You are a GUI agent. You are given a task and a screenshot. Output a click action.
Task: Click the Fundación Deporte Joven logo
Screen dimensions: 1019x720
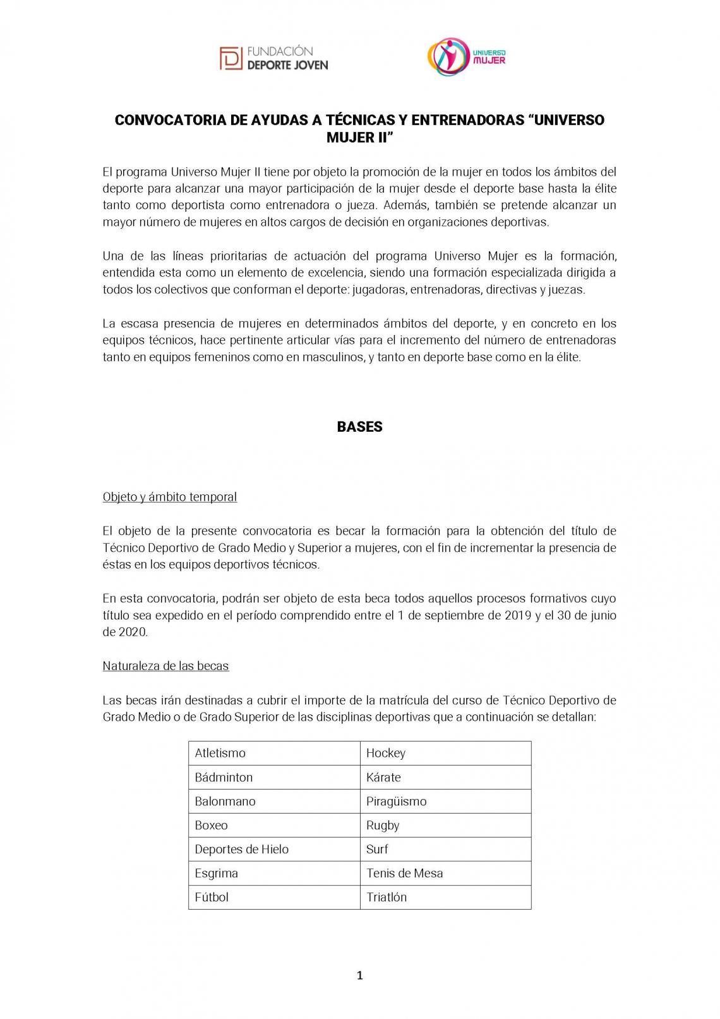(x=273, y=58)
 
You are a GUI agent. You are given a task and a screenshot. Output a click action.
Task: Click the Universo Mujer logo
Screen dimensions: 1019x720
(x=467, y=57)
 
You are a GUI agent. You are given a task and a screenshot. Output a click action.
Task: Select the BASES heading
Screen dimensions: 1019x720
(x=359, y=427)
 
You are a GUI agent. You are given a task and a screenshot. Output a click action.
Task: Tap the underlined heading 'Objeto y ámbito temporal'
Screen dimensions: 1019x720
(x=170, y=497)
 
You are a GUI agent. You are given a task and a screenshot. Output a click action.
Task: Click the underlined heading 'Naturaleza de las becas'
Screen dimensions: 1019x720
(x=165, y=666)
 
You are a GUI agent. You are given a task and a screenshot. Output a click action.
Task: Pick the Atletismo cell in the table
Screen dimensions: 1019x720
(x=274, y=753)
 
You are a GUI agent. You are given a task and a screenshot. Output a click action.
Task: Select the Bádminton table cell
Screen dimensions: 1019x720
(x=274, y=777)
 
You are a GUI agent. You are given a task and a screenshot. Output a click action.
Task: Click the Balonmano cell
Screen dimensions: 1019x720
(x=274, y=801)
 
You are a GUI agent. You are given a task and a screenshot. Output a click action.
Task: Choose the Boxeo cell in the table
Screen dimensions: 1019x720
(x=274, y=825)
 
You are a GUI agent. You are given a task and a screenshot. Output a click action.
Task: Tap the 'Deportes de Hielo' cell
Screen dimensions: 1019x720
(x=274, y=849)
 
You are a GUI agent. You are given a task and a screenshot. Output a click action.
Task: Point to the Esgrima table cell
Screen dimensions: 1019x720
(x=274, y=873)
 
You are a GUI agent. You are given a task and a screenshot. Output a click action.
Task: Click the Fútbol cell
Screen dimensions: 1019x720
(x=274, y=897)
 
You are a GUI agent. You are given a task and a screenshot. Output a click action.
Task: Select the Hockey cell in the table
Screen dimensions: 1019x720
(x=445, y=753)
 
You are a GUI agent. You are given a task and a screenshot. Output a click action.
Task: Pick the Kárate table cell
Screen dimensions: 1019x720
(x=445, y=777)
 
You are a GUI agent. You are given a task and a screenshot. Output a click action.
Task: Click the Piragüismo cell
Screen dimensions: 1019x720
(x=445, y=801)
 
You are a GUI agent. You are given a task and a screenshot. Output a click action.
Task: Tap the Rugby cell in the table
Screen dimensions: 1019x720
(x=445, y=825)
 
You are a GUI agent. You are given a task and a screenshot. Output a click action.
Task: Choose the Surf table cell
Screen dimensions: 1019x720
(x=445, y=849)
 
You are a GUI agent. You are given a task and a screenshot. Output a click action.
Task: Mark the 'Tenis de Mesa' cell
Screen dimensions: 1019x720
(x=445, y=873)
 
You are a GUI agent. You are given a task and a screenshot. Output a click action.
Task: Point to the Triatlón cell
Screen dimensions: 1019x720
(x=445, y=897)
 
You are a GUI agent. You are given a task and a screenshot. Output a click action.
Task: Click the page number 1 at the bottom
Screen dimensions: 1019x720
(x=360, y=975)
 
